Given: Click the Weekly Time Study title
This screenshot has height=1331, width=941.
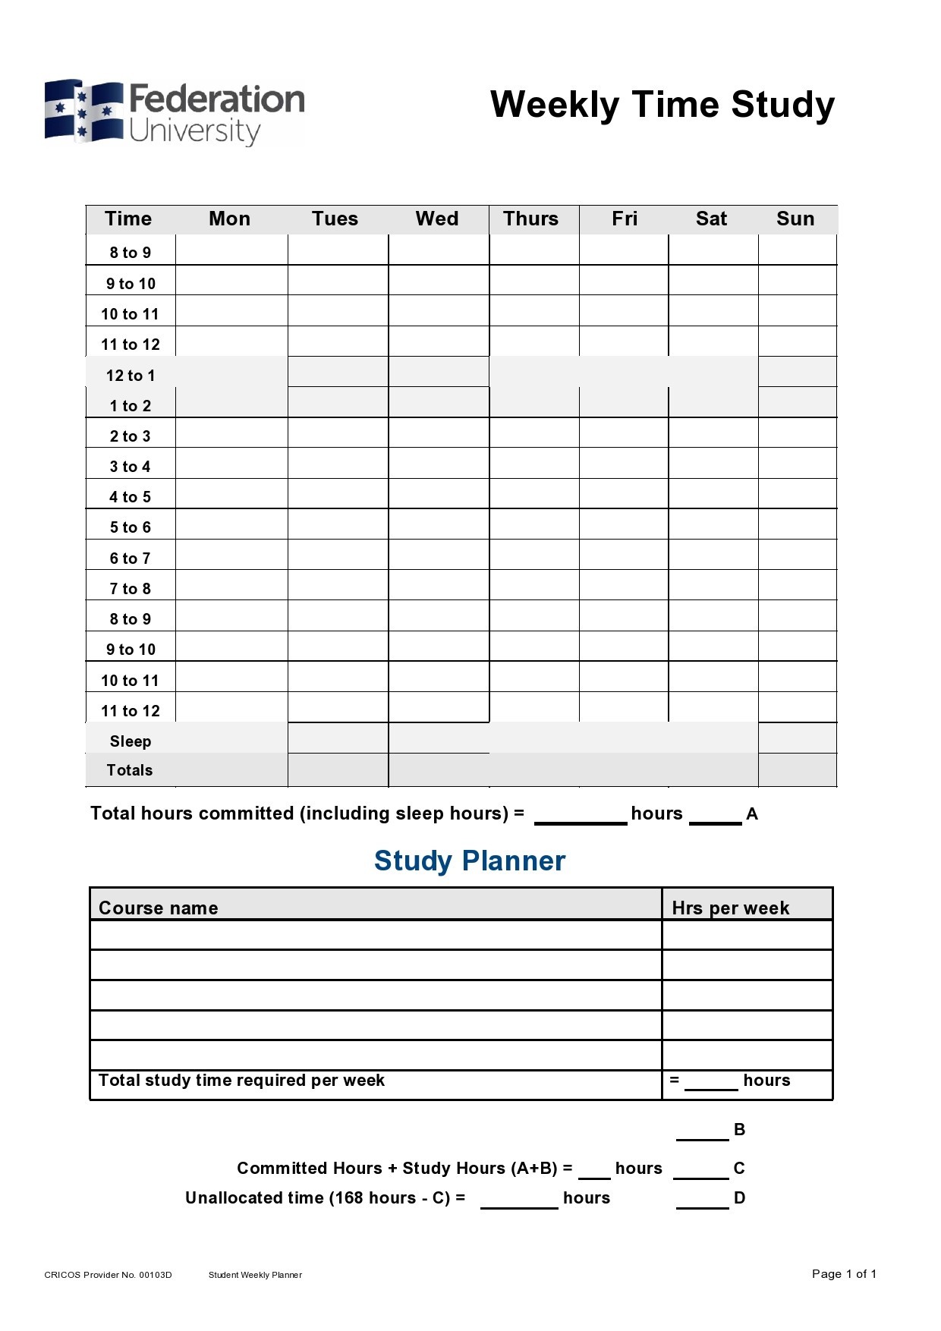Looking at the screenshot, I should (662, 105).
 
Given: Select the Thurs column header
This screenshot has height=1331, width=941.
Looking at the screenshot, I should (530, 219).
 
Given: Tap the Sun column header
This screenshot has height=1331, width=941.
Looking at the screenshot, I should (795, 219).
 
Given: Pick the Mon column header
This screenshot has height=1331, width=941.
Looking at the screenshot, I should (229, 219).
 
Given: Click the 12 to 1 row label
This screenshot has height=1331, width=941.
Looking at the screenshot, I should (131, 376).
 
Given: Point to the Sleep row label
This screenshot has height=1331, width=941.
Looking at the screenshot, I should (131, 741).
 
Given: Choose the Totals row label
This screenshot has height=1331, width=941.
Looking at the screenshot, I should (130, 770).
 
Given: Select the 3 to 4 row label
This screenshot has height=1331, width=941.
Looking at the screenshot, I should (131, 467).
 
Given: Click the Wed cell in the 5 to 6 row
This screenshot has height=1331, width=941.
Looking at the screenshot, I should (439, 524).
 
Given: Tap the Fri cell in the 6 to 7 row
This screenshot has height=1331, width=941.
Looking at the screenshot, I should (624, 555).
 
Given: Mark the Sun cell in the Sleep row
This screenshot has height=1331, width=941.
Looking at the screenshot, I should (797, 738).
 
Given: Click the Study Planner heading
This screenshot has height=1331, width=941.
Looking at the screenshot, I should (470, 861).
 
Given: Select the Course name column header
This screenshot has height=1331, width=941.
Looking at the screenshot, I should (159, 908).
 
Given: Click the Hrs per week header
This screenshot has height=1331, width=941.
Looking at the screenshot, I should (731, 908).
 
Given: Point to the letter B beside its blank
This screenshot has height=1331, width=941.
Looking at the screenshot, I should (739, 1130).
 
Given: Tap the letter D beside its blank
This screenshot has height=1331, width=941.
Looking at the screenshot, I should (739, 1198).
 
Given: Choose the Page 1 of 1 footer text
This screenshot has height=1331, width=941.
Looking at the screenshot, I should (844, 1274).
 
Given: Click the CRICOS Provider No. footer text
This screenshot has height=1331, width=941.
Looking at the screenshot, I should (108, 1275).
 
